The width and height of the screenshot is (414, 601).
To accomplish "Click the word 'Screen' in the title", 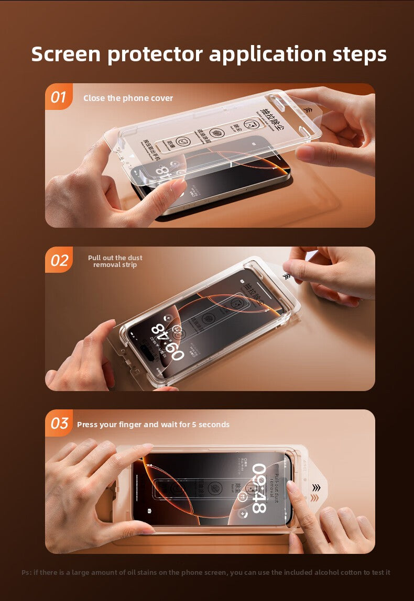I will (x=66, y=54).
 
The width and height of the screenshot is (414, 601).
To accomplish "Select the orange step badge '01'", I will (x=58, y=97).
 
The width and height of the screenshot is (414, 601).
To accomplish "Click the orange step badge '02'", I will (x=59, y=260).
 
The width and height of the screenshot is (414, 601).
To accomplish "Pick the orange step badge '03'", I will (x=59, y=424).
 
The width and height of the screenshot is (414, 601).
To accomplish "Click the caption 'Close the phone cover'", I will (x=128, y=98).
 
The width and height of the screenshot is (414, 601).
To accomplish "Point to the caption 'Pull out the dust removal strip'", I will (x=115, y=261).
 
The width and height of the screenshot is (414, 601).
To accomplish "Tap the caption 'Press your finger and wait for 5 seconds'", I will (x=153, y=425).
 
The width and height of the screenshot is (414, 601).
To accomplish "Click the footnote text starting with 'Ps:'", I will (x=205, y=572).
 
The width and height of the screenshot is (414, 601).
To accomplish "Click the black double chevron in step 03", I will (x=315, y=488).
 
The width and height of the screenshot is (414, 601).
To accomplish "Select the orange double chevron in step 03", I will (x=314, y=498).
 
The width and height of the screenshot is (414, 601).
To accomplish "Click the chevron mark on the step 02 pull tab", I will (x=286, y=276).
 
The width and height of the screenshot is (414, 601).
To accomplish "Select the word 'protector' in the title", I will (x=156, y=54).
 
